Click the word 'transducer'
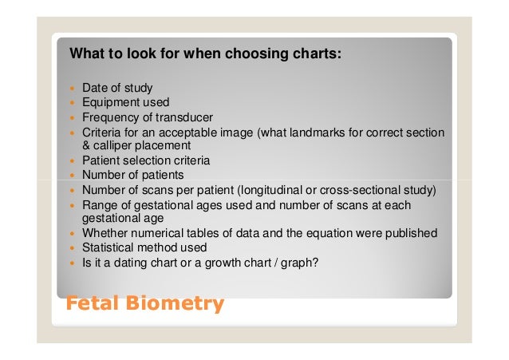click(x=184, y=117)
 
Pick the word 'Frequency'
click(x=109, y=117)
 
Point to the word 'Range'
click(x=99, y=204)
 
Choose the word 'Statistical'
click(x=109, y=247)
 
